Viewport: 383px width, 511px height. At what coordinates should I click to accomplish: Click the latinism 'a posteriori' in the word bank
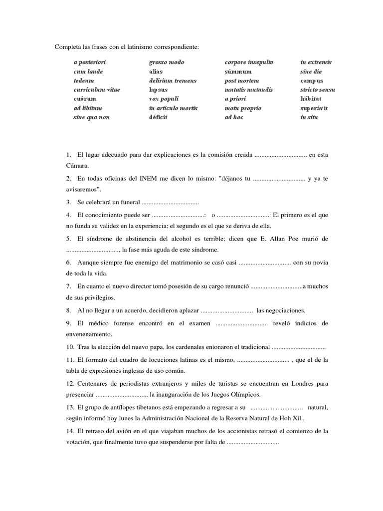coord(90,62)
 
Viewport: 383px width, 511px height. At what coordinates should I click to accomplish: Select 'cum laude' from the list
coord(88,71)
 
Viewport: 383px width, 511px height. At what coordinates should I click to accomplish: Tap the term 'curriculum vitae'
coord(97,90)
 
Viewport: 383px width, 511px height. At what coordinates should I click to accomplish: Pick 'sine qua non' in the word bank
coord(91,117)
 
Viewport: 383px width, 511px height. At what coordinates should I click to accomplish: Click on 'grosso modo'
coord(167,62)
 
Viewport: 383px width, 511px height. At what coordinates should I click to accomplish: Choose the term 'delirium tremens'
coord(173,81)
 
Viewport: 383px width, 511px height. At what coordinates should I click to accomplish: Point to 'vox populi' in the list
coord(164,99)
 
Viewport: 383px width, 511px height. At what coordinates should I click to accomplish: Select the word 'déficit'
coord(158,117)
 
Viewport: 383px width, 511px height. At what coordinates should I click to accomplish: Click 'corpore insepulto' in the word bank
coord(249,62)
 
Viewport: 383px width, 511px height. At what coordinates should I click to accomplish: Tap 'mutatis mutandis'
coord(249,90)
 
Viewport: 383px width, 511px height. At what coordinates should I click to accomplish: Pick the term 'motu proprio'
coord(243,108)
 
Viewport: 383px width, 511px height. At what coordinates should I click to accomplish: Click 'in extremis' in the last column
coord(316,62)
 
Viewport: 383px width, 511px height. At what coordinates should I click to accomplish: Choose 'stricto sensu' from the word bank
coord(318,90)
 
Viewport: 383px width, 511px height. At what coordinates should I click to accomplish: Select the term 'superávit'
coord(313,108)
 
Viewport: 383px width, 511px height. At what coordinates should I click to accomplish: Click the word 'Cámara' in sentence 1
coord(77,165)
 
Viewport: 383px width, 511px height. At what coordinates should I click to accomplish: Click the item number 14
coord(70,431)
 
